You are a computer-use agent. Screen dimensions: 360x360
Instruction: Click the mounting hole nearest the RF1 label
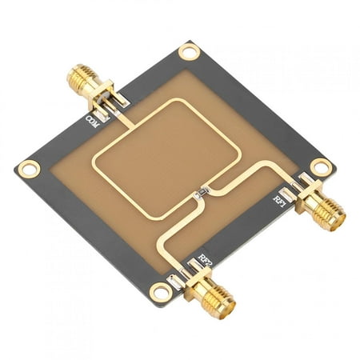321,167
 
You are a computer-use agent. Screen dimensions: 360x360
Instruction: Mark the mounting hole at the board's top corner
189,53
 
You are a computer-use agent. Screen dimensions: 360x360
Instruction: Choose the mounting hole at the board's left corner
29,169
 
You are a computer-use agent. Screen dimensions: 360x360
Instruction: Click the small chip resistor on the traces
202,193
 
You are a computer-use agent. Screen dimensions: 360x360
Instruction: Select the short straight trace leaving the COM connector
118,117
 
